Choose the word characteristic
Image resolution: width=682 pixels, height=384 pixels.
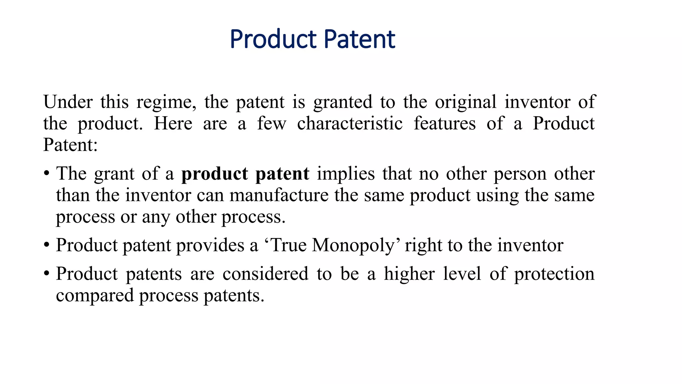[350, 124]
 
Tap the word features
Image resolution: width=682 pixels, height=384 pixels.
[445, 124]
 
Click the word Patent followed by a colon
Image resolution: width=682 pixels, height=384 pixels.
[70, 145]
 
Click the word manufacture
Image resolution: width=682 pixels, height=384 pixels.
[279, 195]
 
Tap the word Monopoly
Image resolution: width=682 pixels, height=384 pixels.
[353, 246]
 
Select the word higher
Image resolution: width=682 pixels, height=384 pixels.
[409, 274]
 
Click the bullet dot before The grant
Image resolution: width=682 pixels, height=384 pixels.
[47, 174]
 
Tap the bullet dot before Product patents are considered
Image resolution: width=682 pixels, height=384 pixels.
[47, 274]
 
